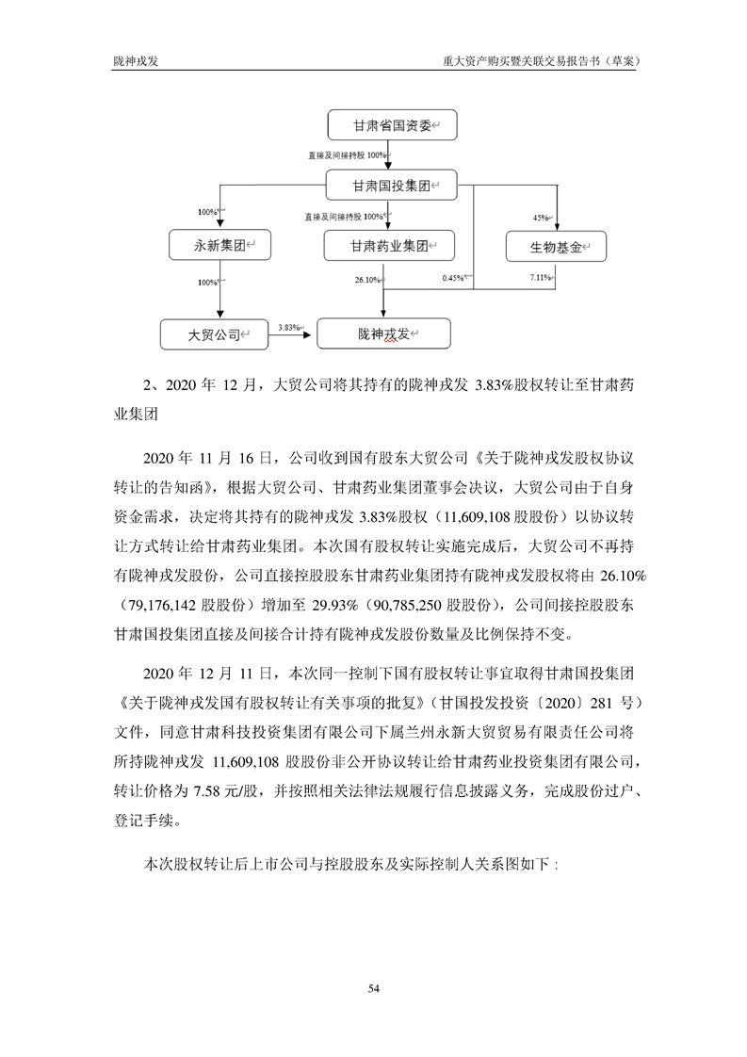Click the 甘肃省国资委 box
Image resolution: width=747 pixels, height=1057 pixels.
(390, 125)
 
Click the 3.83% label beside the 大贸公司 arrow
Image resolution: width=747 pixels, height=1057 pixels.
(288, 327)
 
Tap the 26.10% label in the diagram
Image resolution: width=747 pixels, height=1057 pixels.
(365, 280)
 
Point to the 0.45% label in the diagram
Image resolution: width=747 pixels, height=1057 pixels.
(454, 278)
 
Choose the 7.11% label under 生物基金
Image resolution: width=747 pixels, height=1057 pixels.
(542, 277)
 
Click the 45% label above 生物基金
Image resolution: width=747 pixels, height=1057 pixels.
(541, 218)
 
